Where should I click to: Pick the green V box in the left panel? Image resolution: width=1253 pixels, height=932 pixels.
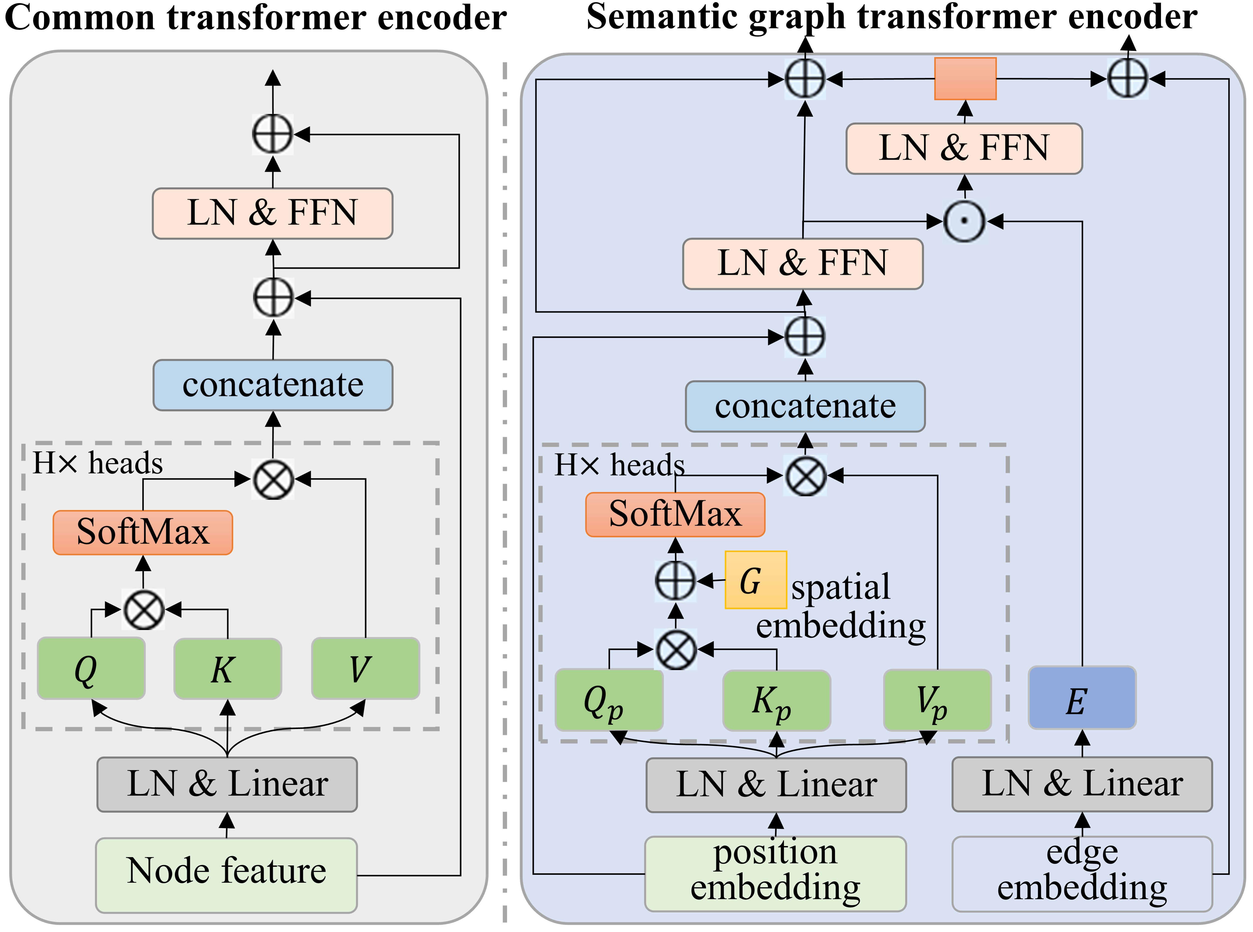coord(365,669)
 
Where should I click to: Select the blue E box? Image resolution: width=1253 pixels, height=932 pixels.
coord(1082,698)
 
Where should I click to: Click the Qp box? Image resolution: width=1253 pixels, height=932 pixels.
coord(609,700)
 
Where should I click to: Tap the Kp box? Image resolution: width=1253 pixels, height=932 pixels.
coord(776,700)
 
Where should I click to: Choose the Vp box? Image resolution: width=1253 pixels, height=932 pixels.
coord(937,700)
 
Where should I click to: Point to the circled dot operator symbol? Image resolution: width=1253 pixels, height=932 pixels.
coord(964,221)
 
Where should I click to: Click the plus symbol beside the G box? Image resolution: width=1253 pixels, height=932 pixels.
coord(675,580)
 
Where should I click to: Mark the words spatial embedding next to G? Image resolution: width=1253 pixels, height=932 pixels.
coord(841,606)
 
